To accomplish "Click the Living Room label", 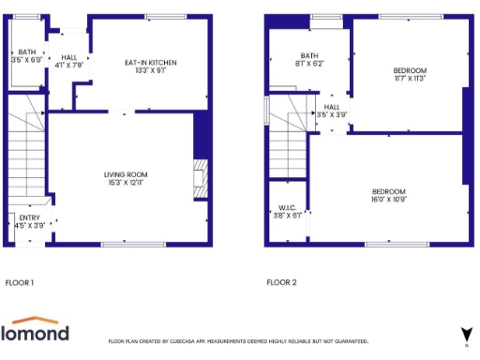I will coord(126,174).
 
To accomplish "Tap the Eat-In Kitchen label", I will coord(151,63).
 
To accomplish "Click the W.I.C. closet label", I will coord(288,208).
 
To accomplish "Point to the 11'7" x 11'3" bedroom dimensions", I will coord(410,79).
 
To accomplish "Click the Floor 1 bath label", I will coord(26,52).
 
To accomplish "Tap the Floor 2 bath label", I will coord(309,55).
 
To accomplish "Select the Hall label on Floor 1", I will coord(69,57).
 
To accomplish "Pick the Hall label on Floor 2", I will coord(332,107).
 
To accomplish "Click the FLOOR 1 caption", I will coord(20,281).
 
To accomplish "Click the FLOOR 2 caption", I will coord(281,281).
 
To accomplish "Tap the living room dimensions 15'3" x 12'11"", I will coord(126,183).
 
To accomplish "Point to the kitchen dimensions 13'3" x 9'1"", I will coord(151,70).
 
